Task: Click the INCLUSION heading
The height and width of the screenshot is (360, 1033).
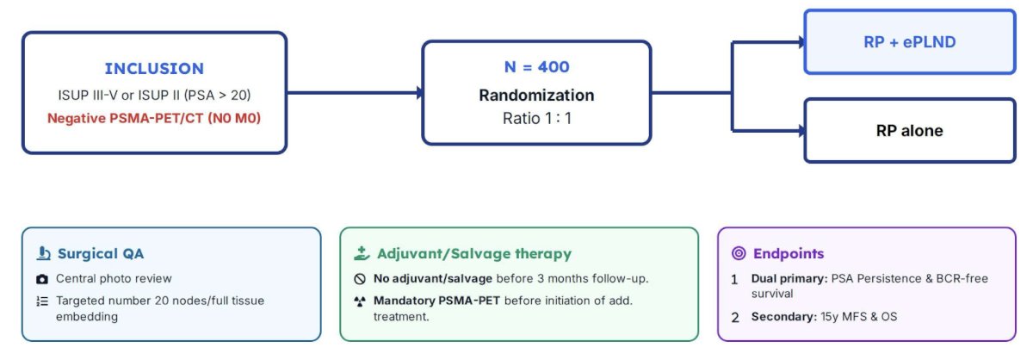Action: pyautogui.click(x=154, y=69)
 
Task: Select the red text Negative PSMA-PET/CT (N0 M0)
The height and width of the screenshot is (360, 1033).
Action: pyautogui.click(x=154, y=118)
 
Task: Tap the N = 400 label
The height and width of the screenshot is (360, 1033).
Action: pyautogui.click(x=537, y=67)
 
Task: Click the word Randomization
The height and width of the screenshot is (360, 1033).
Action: pyautogui.click(x=537, y=95)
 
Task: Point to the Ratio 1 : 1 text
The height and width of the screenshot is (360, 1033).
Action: pyautogui.click(x=537, y=119)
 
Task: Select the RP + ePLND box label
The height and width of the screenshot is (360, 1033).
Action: pyautogui.click(x=909, y=42)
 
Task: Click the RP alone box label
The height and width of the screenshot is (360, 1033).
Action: pyautogui.click(x=909, y=131)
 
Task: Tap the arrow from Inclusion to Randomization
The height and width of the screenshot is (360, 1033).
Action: pyautogui.click(x=354, y=93)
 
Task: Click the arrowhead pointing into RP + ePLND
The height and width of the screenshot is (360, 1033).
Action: pyautogui.click(x=801, y=42)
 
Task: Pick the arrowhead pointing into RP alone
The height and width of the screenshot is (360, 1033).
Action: pyautogui.click(x=801, y=131)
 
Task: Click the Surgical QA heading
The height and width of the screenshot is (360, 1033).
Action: pyautogui.click(x=101, y=253)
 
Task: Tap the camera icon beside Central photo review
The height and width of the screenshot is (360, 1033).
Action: pyautogui.click(x=42, y=279)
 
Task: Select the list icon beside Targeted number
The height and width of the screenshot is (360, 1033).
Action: pyautogui.click(x=42, y=301)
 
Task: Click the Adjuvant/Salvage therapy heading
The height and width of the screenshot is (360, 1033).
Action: pyautogui.click(x=474, y=253)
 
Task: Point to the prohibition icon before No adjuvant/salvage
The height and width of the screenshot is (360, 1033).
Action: pyautogui.click(x=360, y=279)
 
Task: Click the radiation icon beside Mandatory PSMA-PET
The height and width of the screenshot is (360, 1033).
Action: pyautogui.click(x=360, y=301)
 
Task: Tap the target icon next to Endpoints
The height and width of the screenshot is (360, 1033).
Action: pyautogui.click(x=739, y=253)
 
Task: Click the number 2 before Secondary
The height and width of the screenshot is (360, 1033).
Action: pyautogui.click(x=735, y=318)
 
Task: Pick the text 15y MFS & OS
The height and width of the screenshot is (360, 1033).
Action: pyautogui.click(x=859, y=317)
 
